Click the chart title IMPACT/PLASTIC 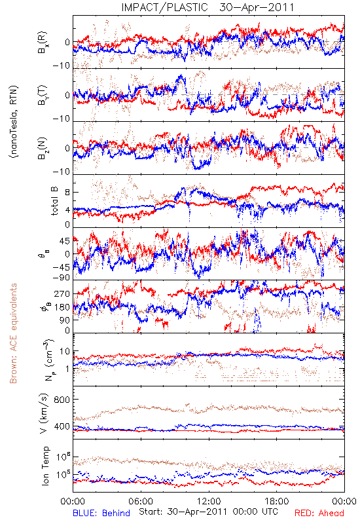164,7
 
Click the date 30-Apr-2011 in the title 257,7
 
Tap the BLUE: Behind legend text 101,513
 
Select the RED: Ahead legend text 319,513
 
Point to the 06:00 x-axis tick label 141,501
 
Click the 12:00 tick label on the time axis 209,501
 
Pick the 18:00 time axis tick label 277,501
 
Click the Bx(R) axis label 43,43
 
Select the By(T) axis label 43,95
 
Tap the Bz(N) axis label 43,148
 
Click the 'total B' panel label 54,201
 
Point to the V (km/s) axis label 44,413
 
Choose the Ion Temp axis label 45,466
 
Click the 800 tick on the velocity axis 62,400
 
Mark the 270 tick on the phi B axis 62,293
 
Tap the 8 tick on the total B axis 67,192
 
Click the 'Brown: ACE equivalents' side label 13,333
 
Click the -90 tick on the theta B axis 62,278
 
